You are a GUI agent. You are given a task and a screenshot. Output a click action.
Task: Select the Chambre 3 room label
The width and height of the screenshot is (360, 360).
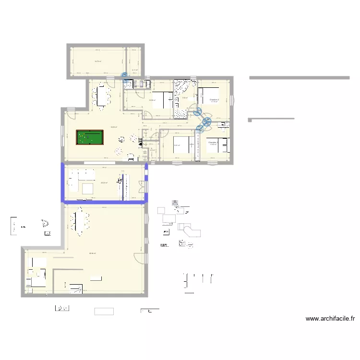213,143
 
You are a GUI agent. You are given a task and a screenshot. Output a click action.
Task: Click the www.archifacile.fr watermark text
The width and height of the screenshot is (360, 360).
330,318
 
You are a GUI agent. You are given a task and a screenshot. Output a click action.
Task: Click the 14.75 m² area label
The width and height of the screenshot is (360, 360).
97,61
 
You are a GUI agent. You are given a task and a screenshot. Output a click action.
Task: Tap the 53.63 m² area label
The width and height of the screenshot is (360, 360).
113,127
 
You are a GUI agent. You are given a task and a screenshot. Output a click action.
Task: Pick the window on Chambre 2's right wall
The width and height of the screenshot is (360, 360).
232,100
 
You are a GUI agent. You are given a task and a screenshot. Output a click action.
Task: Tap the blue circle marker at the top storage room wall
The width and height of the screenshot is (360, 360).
125,75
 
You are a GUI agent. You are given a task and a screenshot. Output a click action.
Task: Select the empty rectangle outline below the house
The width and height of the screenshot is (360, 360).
104,311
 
